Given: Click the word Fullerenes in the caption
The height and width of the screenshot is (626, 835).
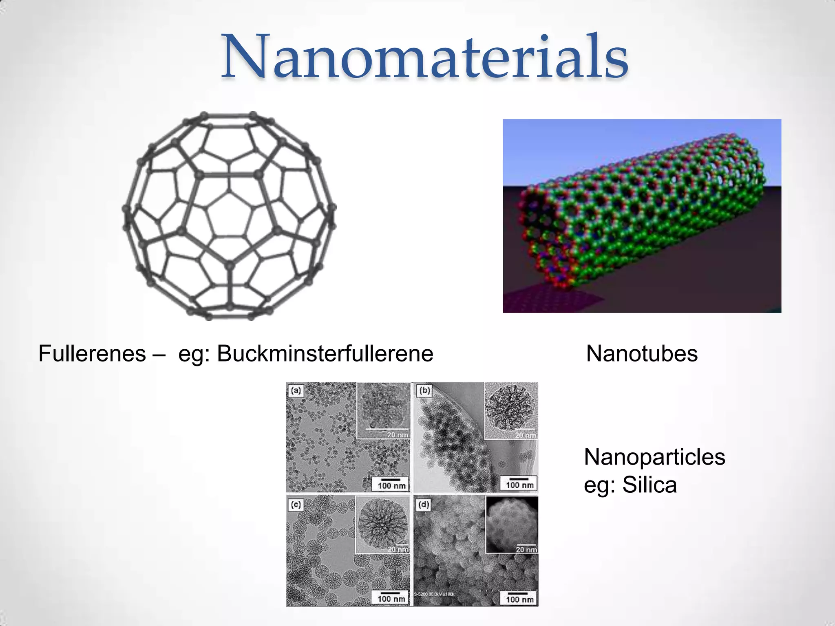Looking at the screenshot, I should tap(92, 353).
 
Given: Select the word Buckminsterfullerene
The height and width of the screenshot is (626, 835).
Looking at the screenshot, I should tap(325, 353).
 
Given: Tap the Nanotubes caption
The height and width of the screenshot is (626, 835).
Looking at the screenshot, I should tap(641, 353).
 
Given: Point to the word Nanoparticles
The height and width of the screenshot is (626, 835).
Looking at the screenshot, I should tap(654, 457).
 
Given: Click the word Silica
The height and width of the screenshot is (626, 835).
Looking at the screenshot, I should tap(649, 485).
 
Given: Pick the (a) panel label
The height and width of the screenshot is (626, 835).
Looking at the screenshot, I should tap(296, 391).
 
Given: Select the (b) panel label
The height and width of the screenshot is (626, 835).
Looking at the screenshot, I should tap(424, 391).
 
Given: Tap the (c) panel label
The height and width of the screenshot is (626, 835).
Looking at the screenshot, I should tap(296, 505).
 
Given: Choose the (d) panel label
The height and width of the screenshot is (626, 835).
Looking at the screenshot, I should tap(424, 505).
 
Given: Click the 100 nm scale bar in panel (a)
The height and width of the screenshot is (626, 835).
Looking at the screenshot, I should tap(391, 484).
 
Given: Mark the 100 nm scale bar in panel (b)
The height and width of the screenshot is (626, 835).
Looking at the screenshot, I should tap(519, 484).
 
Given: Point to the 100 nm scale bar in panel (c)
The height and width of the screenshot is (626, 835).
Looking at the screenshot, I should tap(391, 597).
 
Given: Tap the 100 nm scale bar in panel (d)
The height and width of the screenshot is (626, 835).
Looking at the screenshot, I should tap(519, 598).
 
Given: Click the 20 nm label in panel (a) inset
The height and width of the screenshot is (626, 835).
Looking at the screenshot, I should tap(397, 435).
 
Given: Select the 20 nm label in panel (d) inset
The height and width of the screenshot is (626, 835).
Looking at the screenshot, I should tap(526, 549).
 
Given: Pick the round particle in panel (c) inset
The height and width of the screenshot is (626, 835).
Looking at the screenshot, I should tap(382, 524).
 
